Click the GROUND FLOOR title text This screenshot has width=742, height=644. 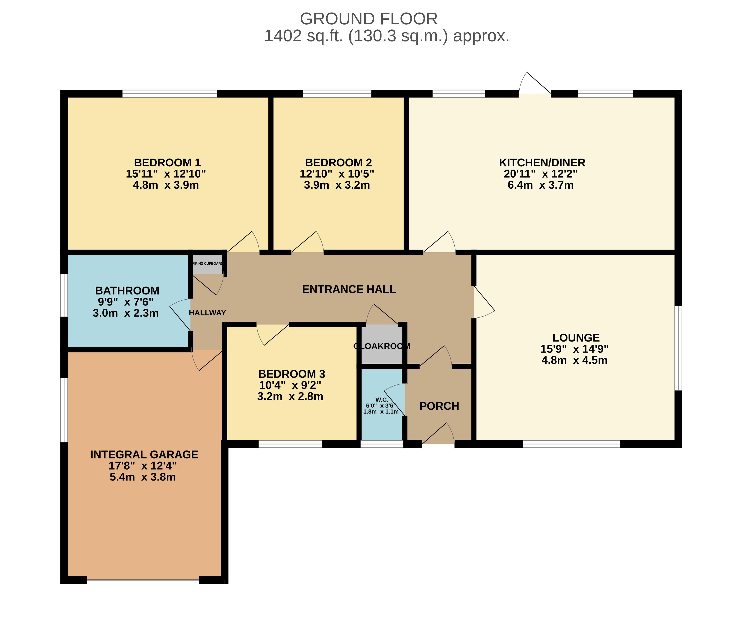click(369, 19)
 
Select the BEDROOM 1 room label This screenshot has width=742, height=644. click(167, 163)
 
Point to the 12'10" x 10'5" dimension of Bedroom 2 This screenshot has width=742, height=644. click(337, 174)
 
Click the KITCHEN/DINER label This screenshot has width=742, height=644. click(542, 163)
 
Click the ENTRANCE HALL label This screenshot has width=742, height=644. click(349, 289)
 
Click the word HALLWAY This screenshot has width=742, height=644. click(208, 313)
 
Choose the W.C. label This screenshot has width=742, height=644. click(381, 400)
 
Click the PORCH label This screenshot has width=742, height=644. click(439, 406)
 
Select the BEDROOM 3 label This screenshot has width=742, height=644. click(292, 374)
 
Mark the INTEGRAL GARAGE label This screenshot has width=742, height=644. click(144, 455)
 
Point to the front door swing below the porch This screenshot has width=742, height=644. click(438, 433)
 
